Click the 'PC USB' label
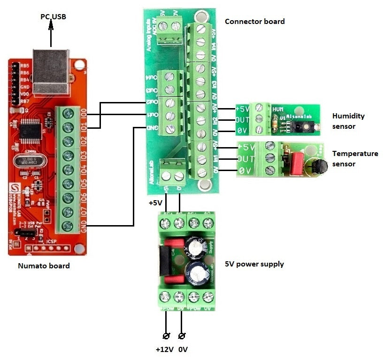(52, 16)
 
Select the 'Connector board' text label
(254, 21)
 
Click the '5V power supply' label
(253, 264)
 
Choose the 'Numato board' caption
(44, 266)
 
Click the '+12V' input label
(165, 349)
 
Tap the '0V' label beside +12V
(183, 349)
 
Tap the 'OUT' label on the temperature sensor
(246, 159)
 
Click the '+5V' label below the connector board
(155, 203)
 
